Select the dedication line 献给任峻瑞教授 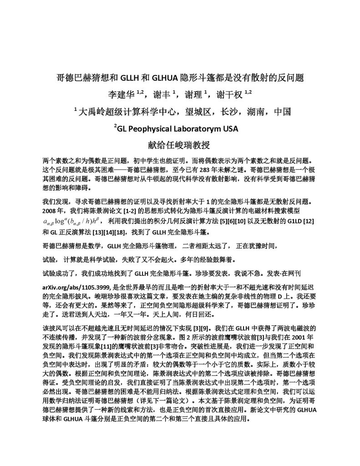click(180, 146)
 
